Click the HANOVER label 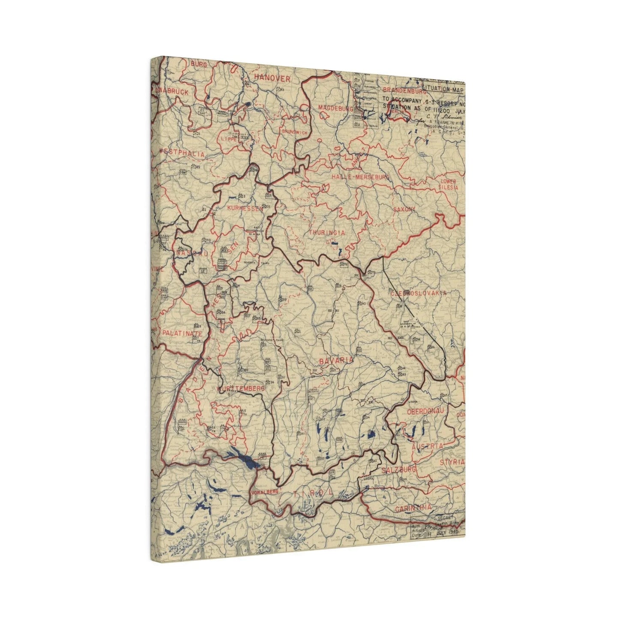[x=272, y=78]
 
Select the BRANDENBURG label [x=404, y=90]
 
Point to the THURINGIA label [x=326, y=232]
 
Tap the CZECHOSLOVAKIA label [x=419, y=293]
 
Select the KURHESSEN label [x=245, y=208]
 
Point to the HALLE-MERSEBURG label [x=360, y=176]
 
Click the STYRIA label [x=452, y=462]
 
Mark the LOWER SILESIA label [x=449, y=185]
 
